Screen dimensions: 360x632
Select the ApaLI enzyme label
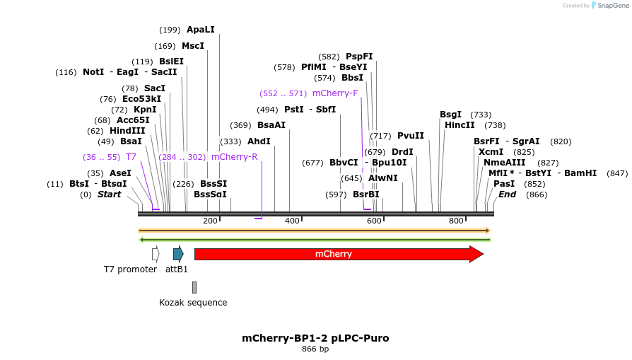(x=200, y=30)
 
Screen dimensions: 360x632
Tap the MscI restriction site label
(x=192, y=46)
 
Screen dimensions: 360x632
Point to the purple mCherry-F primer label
(x=334, y=93)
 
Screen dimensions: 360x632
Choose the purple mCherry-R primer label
(x=234, y=157)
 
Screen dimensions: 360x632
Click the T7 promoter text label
(x=130, y=269)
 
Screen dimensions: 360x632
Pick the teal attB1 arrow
(x=178, y=254)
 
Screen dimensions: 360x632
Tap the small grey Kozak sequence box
(x=194, y=287)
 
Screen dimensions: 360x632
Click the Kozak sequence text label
(x=193, y=303)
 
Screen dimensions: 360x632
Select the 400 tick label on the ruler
(x=292, y=221)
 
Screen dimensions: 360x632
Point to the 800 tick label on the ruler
(x=456, y=221)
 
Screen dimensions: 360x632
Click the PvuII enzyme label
(x=410, y=136)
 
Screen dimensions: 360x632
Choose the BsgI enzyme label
(x=450, y=115)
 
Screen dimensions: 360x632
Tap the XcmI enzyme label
(x=491, y=152)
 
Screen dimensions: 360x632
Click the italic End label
(x=507, y=194)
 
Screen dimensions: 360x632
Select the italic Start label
(x=109, y=194)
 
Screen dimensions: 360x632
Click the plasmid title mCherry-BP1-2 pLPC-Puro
(x=315, y=338)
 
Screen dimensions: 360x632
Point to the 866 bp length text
(x=315, y=349)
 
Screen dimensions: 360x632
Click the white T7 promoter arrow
(x=156, y=254)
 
